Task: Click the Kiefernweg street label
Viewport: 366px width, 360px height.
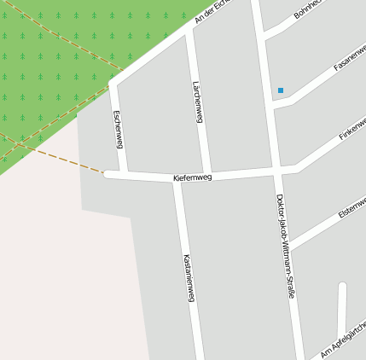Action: point(192,177)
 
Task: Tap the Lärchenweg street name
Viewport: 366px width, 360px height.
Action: point(198,103)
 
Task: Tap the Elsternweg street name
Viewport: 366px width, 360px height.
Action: point(352,206)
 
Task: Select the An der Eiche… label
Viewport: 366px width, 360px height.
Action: point(213,9)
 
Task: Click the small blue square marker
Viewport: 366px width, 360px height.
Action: point(280,90)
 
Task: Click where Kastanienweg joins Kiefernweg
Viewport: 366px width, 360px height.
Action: point(177,180)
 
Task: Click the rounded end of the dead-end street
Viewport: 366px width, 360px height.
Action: point(342,287)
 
